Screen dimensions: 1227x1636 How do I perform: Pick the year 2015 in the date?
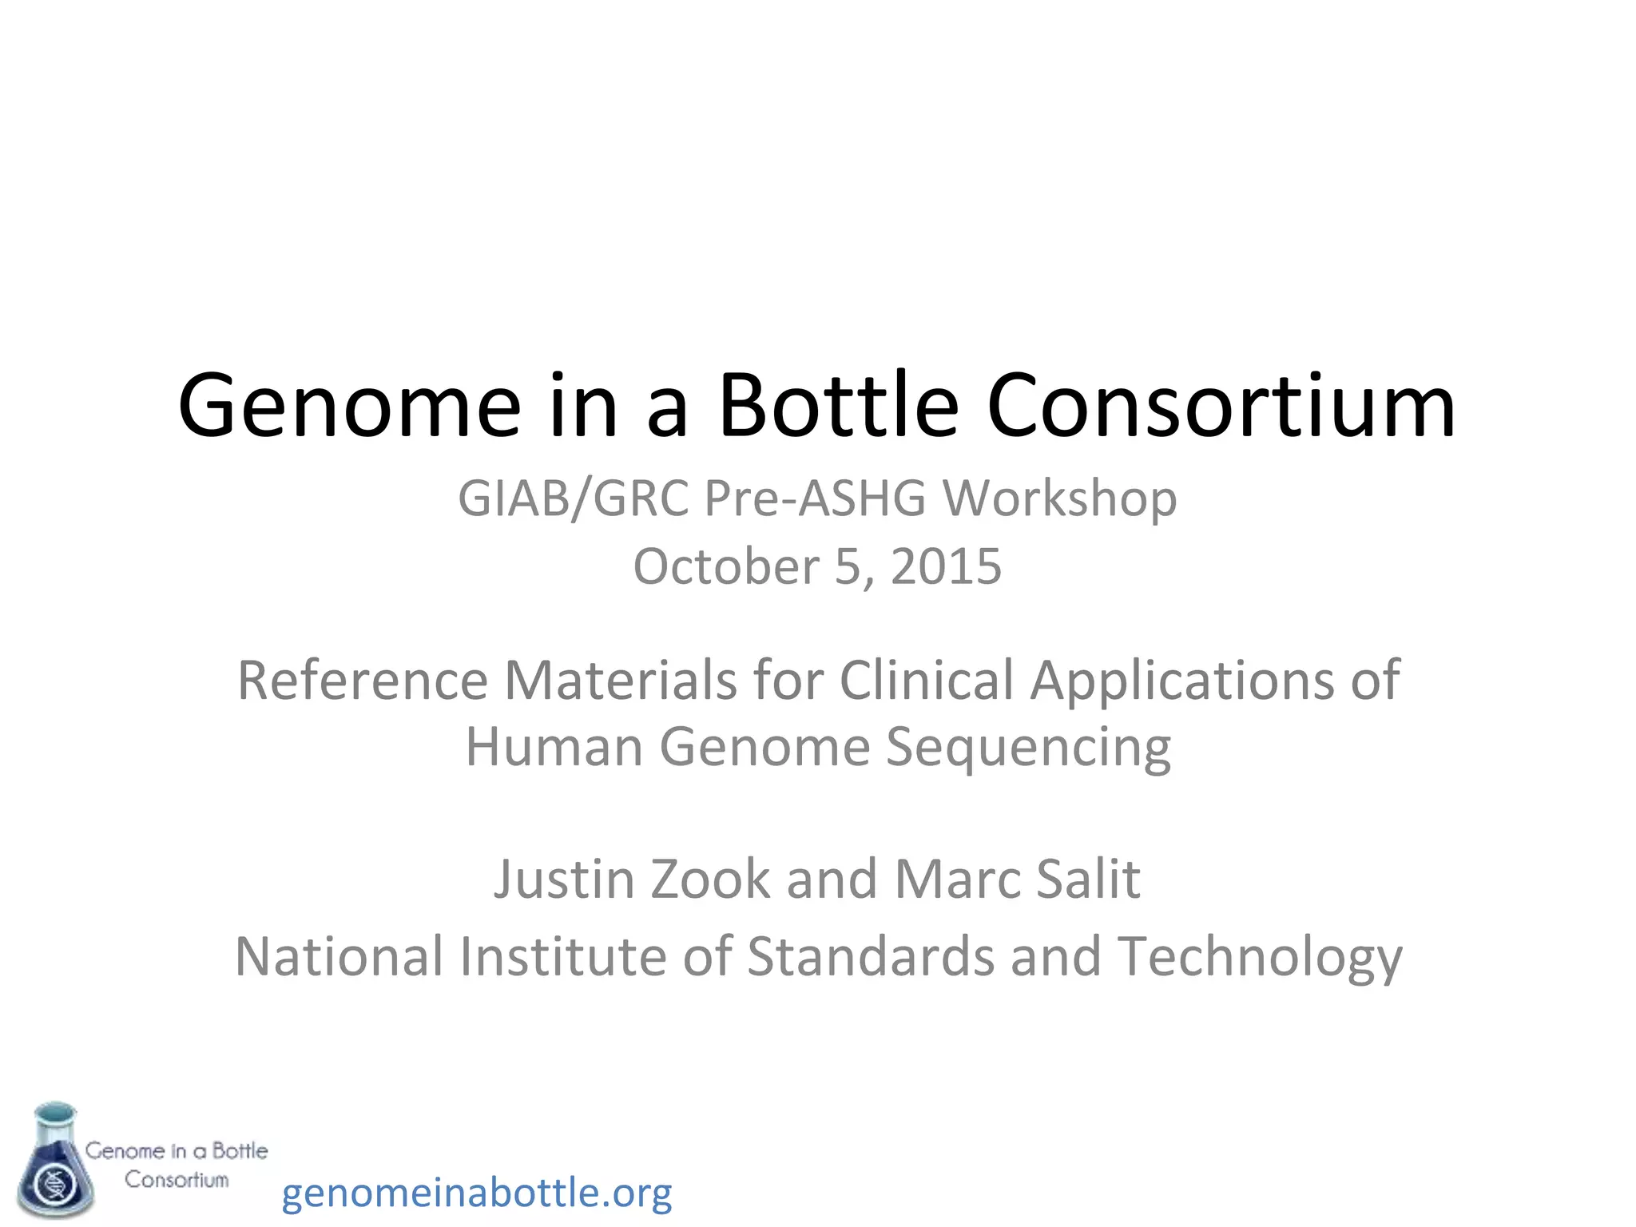pos(946,566)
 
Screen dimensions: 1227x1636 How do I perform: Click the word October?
pos(726,566)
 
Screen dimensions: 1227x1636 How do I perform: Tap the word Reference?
pos(363,681)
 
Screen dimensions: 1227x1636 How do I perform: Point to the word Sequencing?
pos(1028,749)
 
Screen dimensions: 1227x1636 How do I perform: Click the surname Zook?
pos(710,879)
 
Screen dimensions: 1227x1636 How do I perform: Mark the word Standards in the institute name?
pos(871,956)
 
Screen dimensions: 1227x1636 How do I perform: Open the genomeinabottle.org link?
pos(477,1193)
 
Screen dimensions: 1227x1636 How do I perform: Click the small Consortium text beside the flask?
pos(177,1180)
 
